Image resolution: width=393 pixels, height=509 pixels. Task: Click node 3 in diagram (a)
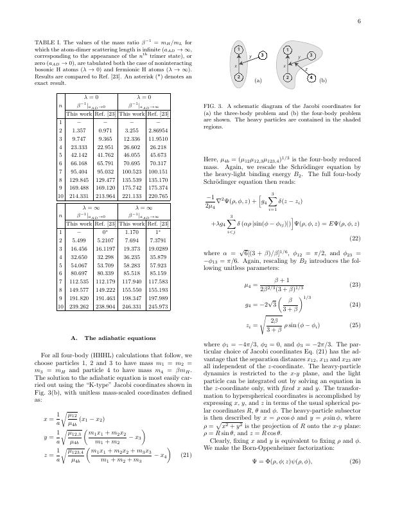tap(263, 57)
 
